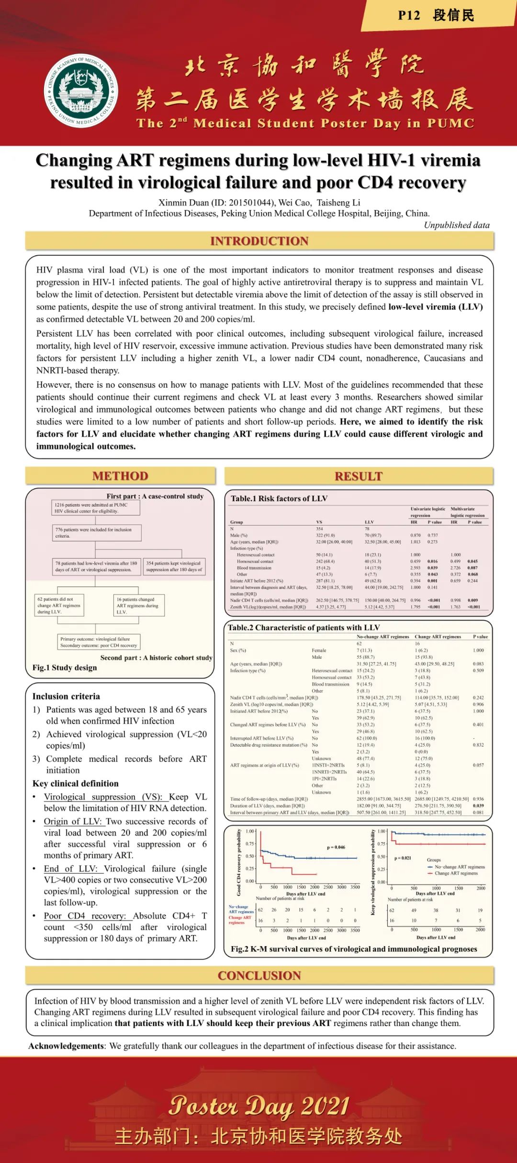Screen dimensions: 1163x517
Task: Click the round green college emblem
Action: click(81, 91)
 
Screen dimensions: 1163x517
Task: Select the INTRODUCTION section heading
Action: click(259, 241)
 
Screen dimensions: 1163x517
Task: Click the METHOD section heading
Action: click(120, 476)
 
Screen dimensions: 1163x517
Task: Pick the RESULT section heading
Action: click(359, 476)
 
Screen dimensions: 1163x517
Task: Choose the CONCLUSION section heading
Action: click(259, 975)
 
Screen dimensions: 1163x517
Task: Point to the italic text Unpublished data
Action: click(456, 225)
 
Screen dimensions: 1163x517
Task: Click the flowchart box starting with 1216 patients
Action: click(96, 508)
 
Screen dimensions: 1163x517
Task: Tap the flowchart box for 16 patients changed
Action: click(138, 605)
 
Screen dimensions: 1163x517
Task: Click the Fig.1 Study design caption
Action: click(65, 667)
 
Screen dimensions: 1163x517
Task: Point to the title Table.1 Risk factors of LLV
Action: click(279, 498)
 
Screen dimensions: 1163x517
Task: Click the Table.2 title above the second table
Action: click(303, 627)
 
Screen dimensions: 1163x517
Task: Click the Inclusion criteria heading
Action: click(66, 696)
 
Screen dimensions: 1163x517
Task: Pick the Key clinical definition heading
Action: click(75, 783)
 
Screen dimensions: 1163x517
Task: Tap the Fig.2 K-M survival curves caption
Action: click(354, 948)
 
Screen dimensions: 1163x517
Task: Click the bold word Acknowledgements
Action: click(66, 1046)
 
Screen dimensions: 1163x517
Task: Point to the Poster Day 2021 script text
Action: click(259, 1106)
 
